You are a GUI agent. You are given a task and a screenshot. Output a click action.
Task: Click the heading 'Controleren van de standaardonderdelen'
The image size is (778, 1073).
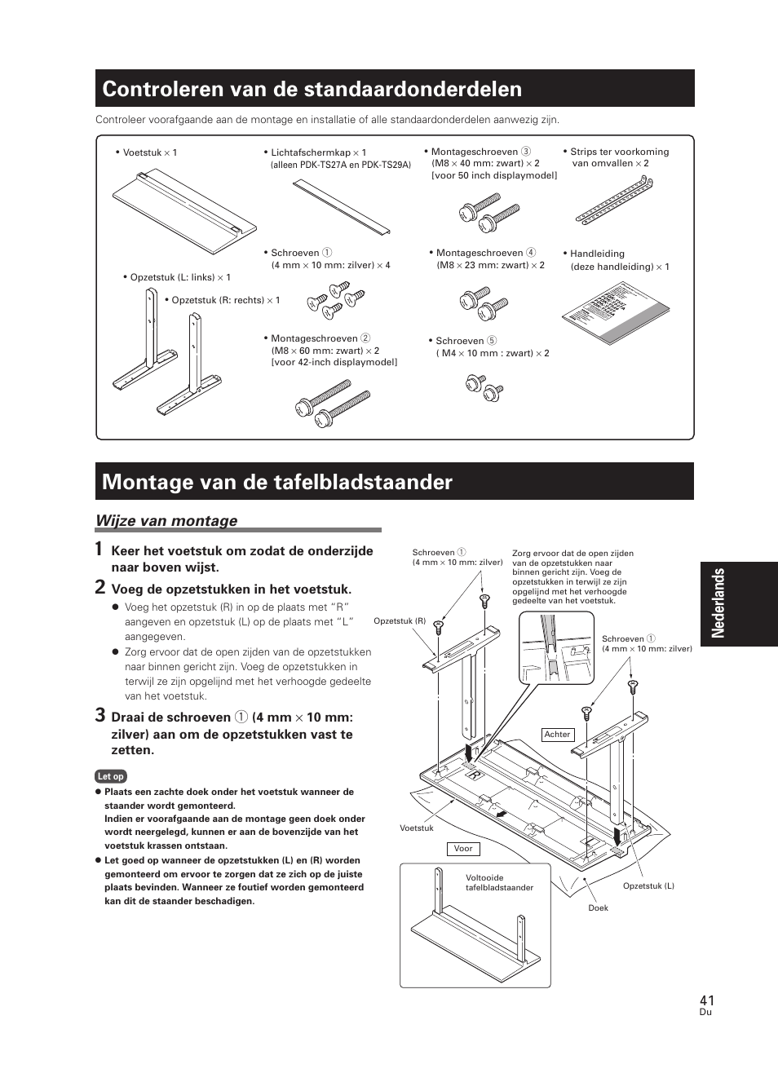312,89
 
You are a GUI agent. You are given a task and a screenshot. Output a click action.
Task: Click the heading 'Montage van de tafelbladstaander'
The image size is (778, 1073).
277,482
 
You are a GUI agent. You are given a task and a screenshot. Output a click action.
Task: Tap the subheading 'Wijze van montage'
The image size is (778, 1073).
166,520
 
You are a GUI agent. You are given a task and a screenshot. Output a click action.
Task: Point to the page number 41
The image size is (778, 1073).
706,1000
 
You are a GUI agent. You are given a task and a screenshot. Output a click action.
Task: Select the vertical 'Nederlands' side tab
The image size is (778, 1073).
738,603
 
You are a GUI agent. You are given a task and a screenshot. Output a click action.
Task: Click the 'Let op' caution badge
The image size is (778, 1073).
111,776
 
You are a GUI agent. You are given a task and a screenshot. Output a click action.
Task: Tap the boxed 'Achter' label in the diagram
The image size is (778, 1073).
558,735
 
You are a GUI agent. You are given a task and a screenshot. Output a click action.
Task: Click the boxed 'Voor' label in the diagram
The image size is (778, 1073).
463,849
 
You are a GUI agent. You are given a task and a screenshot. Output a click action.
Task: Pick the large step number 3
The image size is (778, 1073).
99,716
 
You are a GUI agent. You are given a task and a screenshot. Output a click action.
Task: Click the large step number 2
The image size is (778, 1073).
99,587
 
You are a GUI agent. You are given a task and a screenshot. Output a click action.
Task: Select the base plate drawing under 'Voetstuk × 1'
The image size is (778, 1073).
183,205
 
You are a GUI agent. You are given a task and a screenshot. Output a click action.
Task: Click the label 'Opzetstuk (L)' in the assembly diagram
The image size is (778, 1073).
648,886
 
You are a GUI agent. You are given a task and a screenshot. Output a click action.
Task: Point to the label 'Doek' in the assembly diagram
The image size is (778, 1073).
599,907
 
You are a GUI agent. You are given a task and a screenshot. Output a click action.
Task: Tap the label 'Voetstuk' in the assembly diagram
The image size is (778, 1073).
417,828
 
